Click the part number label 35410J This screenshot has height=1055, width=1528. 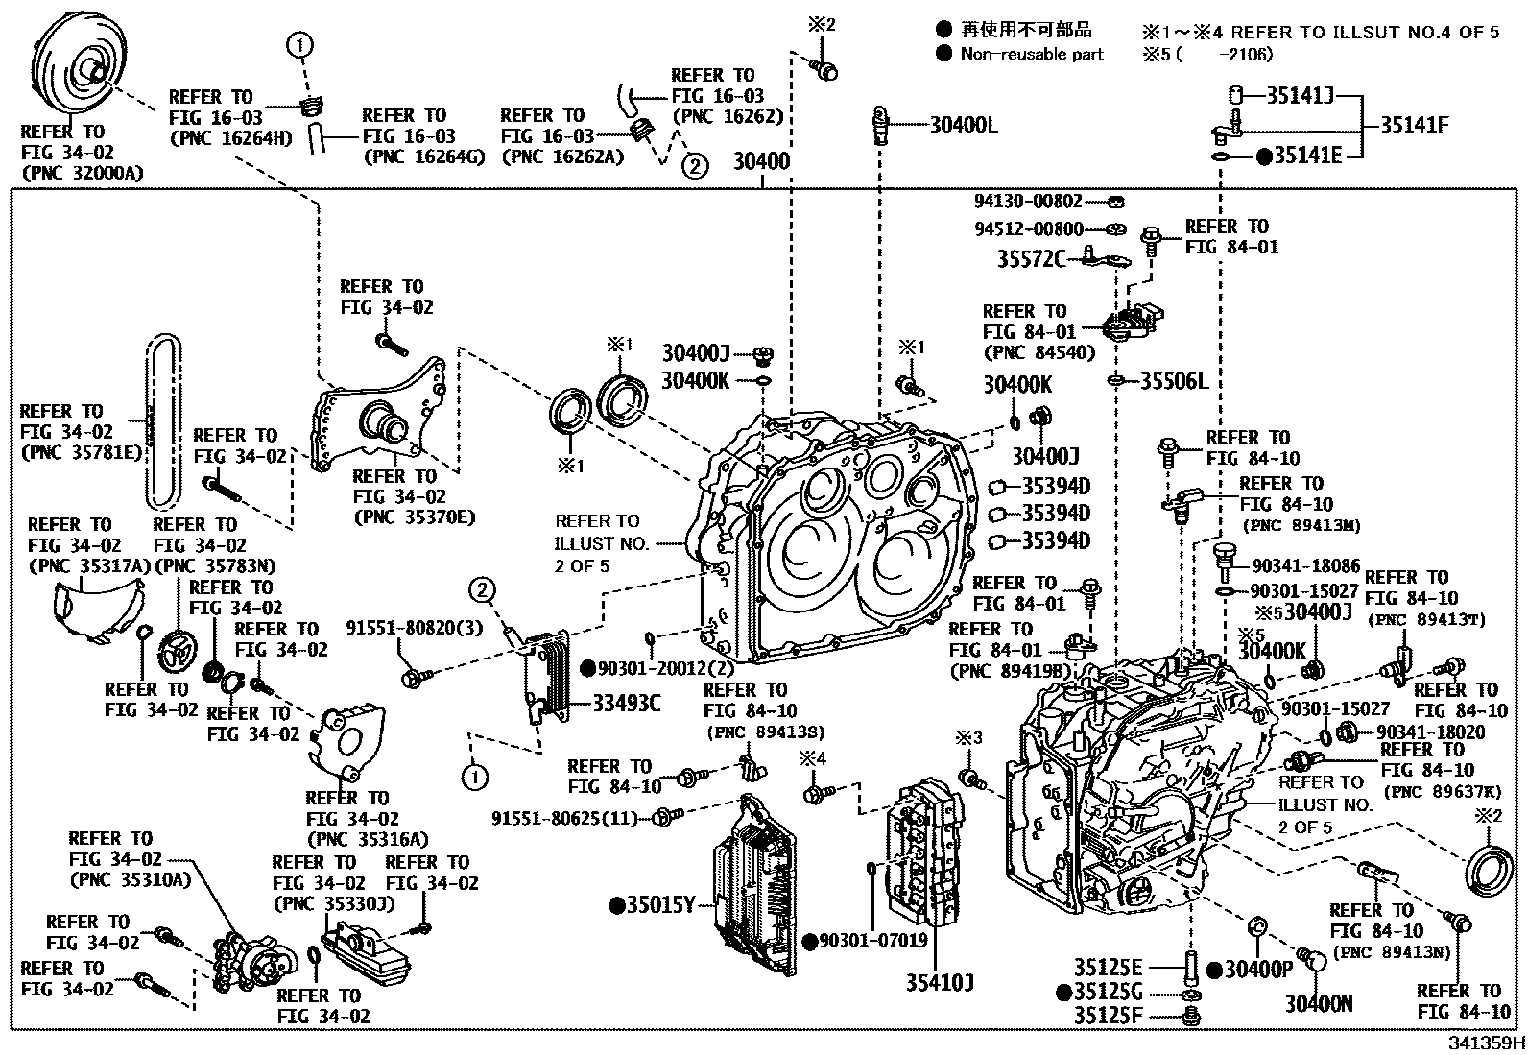coord(940,982)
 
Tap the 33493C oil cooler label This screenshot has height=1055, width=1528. coord(626,704)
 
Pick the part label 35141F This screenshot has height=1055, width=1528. coord(1414,125)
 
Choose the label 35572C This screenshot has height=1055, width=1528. coord(1030,259)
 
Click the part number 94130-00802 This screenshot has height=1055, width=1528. coord(1027,202)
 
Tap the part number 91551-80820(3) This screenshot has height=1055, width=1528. coord(415,628)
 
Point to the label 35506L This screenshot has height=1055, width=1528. coord(1173,381)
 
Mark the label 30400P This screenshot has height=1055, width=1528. coord(1258,970)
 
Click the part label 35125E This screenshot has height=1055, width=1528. coord(1109,967)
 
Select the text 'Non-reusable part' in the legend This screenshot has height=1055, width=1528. coord(1032,54)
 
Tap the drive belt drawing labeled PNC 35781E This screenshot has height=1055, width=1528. coord(162,422)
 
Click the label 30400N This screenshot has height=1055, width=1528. coord(1319,1003)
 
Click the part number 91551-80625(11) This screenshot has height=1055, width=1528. coord(564,819)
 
